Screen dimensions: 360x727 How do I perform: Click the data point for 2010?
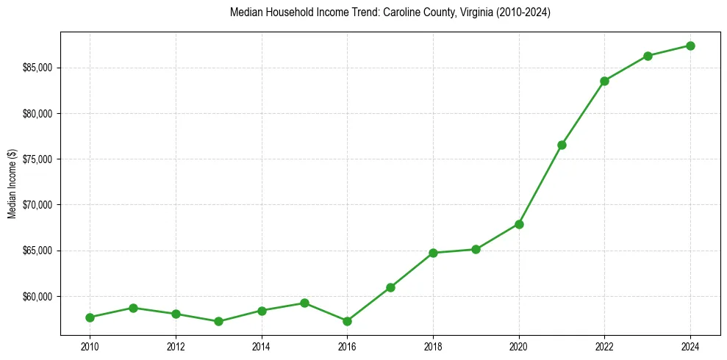(x=90, y=317)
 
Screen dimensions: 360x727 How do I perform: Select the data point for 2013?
(x=218, y=321)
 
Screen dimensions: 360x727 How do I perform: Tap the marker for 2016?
(x=347, y=321)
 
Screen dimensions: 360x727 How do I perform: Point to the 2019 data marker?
(x=476, y=249)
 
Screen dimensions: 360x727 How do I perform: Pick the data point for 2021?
(x=562, y=145)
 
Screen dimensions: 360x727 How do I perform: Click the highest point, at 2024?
(x=690, y=46)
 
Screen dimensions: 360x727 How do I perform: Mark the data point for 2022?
(x=604, y=81)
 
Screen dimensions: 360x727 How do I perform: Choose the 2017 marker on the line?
(x=390, y=287)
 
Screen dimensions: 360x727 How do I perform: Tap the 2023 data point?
(x=648, y=56)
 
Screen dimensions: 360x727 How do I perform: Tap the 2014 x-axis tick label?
(x=261, y=346)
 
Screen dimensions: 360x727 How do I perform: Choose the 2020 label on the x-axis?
(x=519, y=346)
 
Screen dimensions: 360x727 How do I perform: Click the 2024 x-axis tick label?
(x=690, y=346)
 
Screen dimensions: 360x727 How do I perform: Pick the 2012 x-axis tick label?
(x=176, y=346)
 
